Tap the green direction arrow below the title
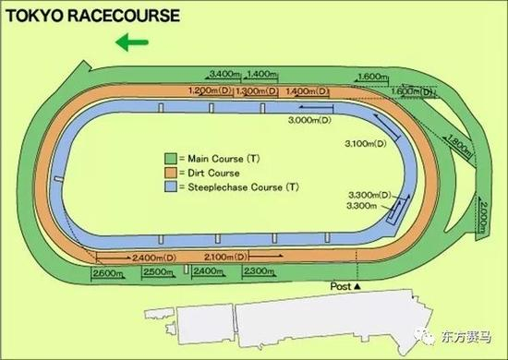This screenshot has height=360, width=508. click(130, 41)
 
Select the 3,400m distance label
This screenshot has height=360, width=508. click(226, 74)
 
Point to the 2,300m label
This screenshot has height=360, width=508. click(260, 271)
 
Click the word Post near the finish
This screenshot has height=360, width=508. click(341, 288)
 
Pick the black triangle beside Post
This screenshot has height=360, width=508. click(357, 288)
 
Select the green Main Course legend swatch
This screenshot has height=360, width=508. click(170, 157)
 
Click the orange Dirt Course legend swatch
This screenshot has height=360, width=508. click(170, 172)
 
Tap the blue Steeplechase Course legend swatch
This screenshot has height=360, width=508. click(170, 186)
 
